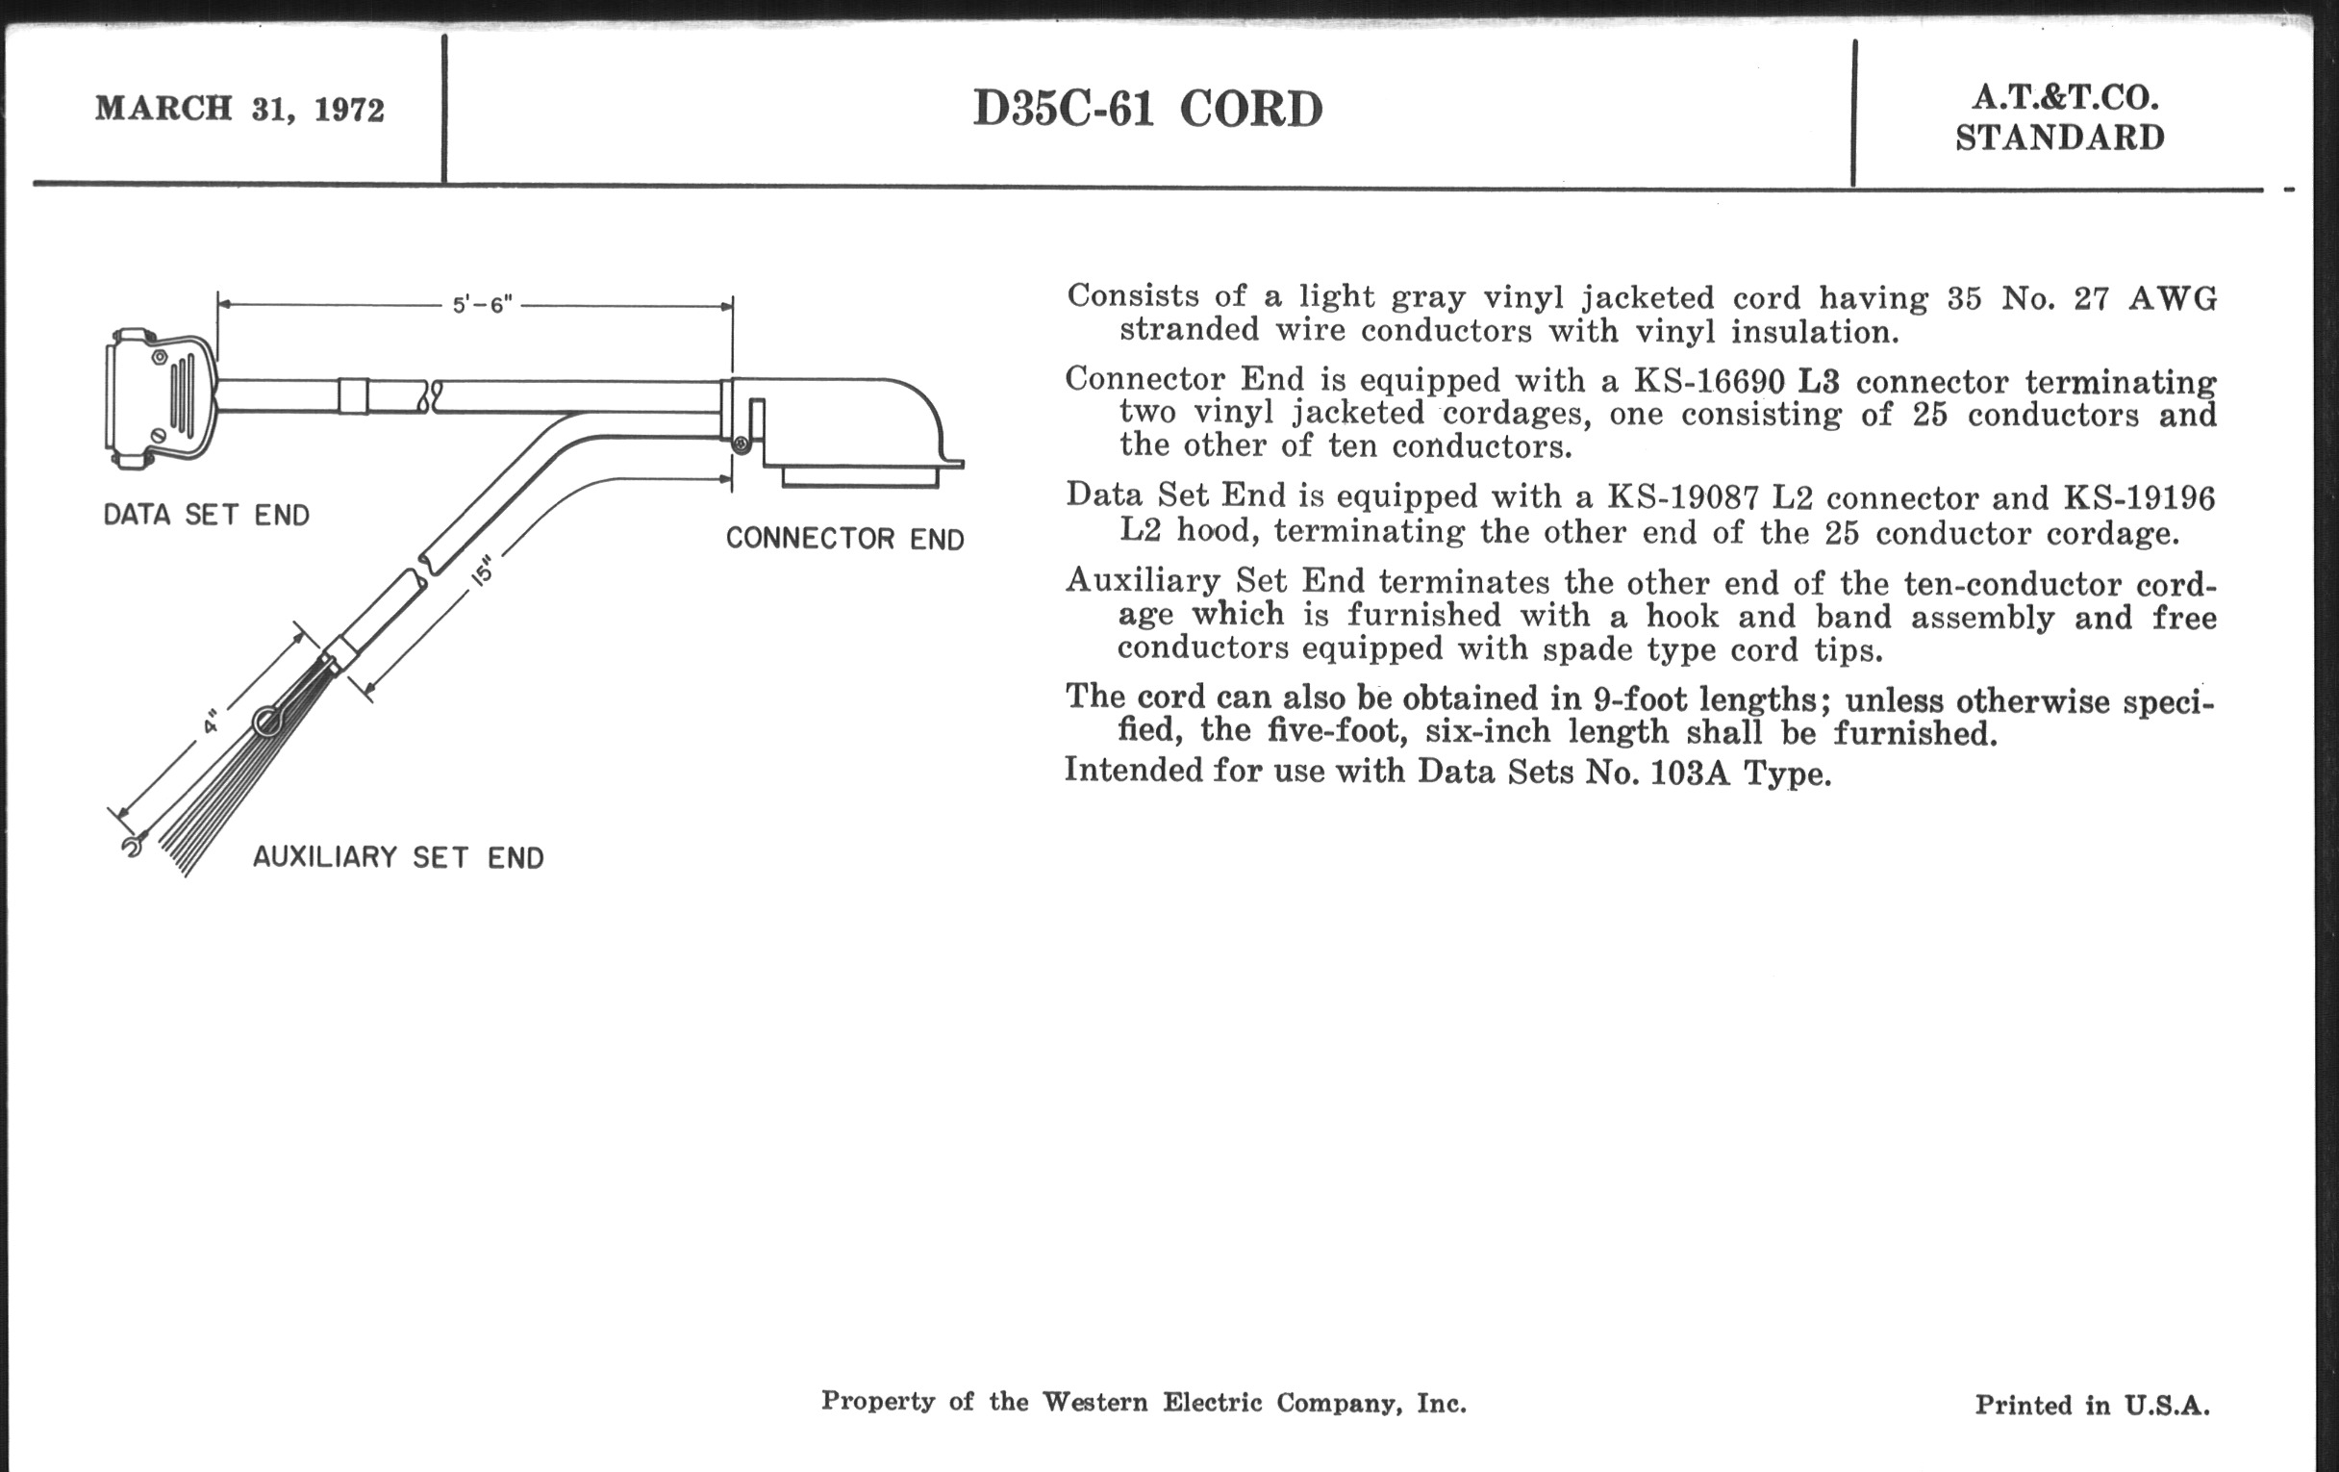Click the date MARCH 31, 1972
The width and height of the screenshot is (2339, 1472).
point(239,108)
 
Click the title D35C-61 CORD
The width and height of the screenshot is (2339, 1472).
point(1147,109)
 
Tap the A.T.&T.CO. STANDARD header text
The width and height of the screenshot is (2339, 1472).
point(2060,117)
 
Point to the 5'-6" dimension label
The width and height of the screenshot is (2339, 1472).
point(482,304)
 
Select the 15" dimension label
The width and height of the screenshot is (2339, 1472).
point(483,571)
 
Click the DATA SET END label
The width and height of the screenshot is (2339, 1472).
point(206,515)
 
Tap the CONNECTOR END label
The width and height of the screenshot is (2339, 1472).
point(845,538)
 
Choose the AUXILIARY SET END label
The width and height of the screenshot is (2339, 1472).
point(398,857)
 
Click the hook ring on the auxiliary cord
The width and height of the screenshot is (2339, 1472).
point(268,721)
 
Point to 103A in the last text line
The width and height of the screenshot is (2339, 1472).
point(1690,772)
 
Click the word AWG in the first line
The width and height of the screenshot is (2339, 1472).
point(2173,298)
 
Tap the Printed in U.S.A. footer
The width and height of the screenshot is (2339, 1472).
point(2092,1405)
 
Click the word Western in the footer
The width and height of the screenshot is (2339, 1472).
point(1094,1401)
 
